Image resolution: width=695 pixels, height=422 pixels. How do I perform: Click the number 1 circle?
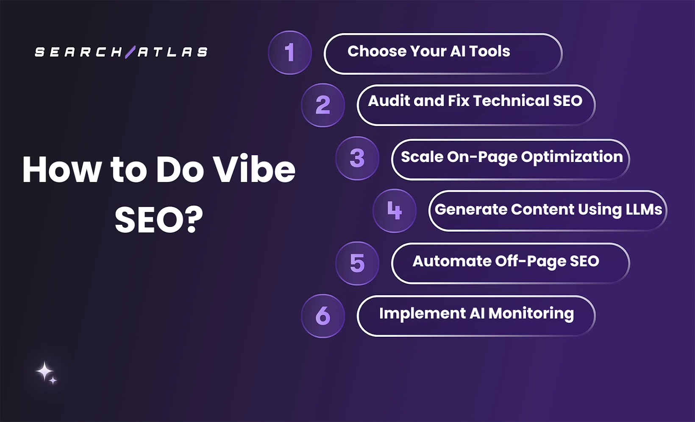pyautogui.click(x=290, y=53)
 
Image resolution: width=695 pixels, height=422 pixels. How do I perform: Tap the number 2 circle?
pyautogui.click(x=323, y=105)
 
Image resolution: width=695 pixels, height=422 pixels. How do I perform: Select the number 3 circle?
pyautogui.click(x=357, y=158)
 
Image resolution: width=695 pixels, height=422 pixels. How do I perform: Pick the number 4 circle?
pyautogui.click(x=395, y=210)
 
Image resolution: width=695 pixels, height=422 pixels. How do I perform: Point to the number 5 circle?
pyautogui.click(x=357, y=263)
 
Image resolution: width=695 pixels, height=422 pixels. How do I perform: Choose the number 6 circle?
pyautogui.click(x=323, y=316)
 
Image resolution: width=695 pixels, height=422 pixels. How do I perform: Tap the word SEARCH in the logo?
pyautogui.click(x=78, y=52)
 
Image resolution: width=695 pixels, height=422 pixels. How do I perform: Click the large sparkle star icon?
pyautogui.click(x=44, y=371)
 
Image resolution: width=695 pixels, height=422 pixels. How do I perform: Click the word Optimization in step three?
pyautogui.click(x=572, y=157)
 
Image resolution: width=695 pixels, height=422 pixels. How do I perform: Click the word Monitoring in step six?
pyautogui.click(x=531, y=313)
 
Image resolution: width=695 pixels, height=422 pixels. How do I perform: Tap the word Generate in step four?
pyautogui.click(x=471, y=209)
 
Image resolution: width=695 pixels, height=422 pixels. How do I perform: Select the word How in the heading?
pyautogui.click(x=61, y=170)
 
